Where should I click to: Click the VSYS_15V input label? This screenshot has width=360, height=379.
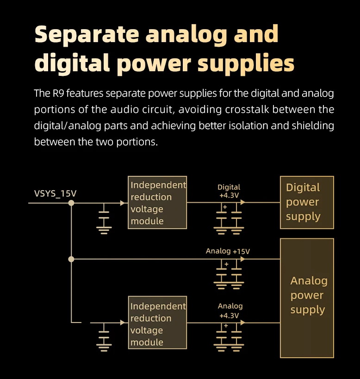55,193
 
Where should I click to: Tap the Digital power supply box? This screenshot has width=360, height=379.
307,202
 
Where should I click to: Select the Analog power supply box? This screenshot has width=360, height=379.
307,298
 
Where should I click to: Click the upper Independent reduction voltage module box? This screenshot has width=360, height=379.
157,203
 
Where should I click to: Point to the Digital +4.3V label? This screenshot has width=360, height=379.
229,191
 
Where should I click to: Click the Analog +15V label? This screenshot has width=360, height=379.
228,251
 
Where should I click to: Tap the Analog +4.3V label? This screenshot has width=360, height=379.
230,311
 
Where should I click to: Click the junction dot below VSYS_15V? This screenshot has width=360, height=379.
71,203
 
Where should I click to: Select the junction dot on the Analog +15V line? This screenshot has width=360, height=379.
71,259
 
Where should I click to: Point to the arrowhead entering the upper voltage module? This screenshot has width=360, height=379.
123,203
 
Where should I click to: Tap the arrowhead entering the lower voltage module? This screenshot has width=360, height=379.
123,323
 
